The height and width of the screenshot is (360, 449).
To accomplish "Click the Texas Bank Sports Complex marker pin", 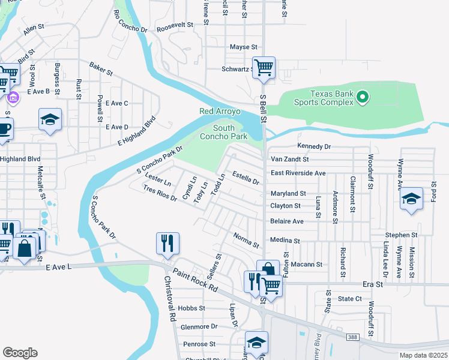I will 362,96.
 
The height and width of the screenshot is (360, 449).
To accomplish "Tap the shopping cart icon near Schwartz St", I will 264,67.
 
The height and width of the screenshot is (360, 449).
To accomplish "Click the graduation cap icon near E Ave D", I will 50,119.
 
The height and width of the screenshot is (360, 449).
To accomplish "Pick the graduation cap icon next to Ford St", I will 411,199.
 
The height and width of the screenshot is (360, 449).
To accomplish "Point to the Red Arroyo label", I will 220,112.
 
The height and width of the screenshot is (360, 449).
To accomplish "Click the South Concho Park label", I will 231,132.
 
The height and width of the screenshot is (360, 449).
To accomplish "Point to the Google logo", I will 20,352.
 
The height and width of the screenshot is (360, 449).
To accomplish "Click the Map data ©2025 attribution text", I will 423,355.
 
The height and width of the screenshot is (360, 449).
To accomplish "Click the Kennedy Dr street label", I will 314,146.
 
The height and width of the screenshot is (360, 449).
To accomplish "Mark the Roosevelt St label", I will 174,26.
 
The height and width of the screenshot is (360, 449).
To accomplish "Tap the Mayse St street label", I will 243,47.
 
